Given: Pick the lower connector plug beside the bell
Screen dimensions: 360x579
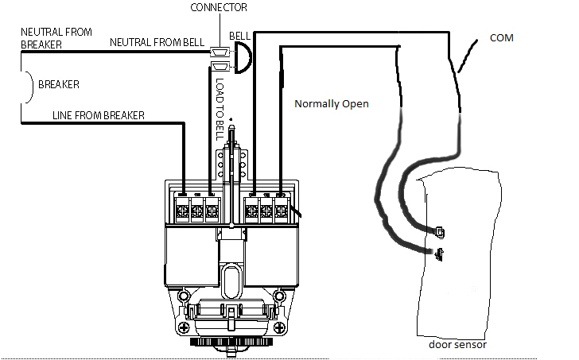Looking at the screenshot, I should click(218, 68).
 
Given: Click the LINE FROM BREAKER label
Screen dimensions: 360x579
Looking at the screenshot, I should click(98, 115).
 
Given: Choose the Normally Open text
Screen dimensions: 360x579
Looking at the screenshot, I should click(331, 104).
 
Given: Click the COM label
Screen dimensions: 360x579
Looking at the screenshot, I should click(502, 37).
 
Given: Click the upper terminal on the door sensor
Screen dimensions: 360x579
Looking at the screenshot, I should click(440, 231).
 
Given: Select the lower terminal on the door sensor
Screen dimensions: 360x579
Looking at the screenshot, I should click(438, 254).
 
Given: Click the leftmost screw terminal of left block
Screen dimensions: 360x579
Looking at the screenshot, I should click(182, 211).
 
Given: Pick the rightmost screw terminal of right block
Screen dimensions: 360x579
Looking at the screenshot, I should click(281, 211).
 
